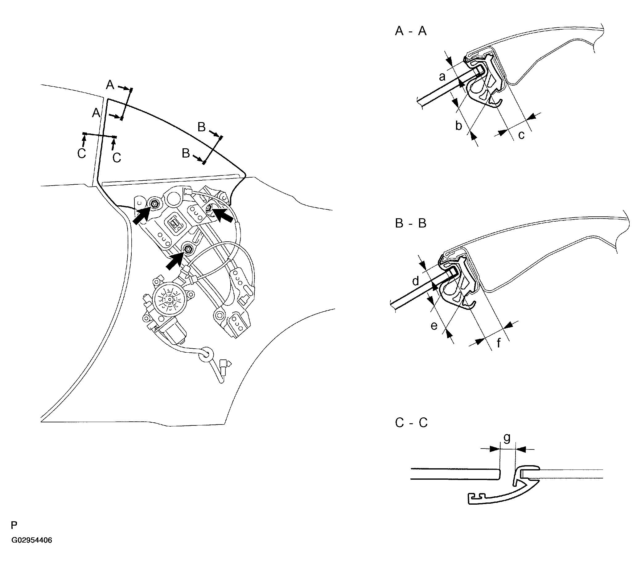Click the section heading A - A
(410, 31)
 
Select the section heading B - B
(410, 224)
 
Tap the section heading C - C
(411, 423)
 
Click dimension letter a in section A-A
(442, 76)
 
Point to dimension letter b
(458, 126)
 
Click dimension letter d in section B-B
(416, 281)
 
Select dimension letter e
(434, 326)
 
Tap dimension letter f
(499, 343)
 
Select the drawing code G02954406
(32, 540)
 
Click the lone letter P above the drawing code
(14, 525)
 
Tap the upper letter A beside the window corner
(110, 85)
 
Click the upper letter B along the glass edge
(202, 127)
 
